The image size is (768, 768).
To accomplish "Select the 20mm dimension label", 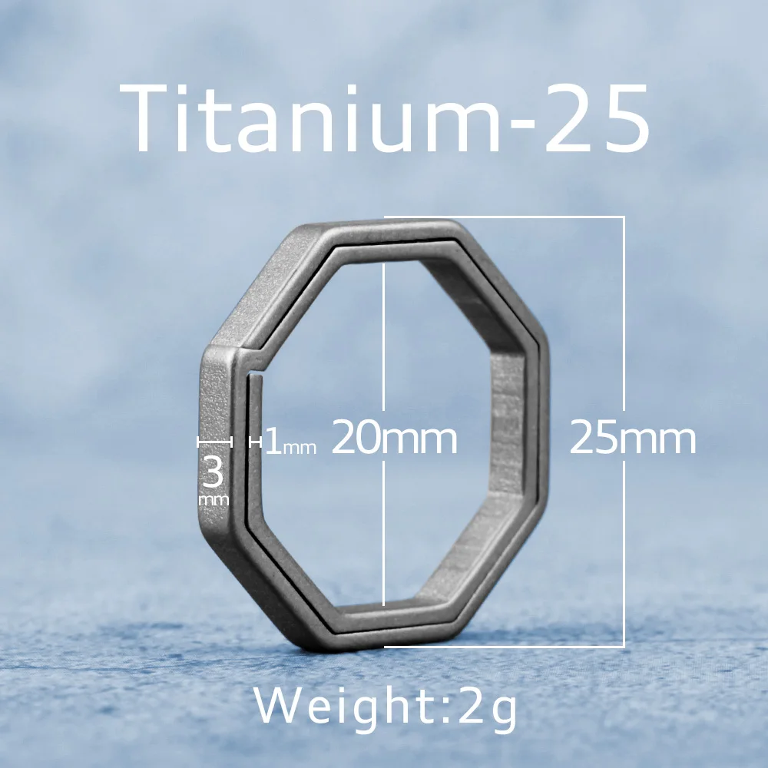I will click(x=394, y=439).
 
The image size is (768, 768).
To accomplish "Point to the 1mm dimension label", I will click(x=290, y=445).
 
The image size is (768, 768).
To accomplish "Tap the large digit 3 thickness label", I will click(x=213, y=472).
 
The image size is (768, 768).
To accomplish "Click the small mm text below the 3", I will click(x=214, y=500).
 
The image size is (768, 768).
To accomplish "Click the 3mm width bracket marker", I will click(x=215, y=442).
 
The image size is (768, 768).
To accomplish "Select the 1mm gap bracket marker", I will click(x=255, y=442).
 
